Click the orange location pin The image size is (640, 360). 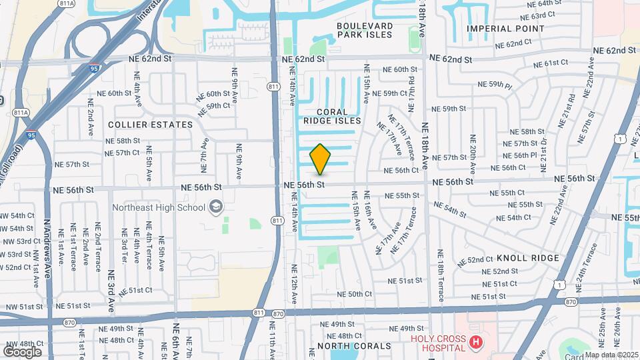pos(320,159)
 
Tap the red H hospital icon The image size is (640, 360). pos(475,343)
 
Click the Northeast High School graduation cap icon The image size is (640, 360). pos(215,207)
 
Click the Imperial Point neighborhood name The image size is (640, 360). pos(505,29)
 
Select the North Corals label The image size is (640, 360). pos(354,346)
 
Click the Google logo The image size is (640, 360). pos(22,351)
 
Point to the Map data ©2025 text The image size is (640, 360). pos(611,355)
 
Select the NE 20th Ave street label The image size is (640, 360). pos(473,153)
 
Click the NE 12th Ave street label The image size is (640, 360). pos(293,285)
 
